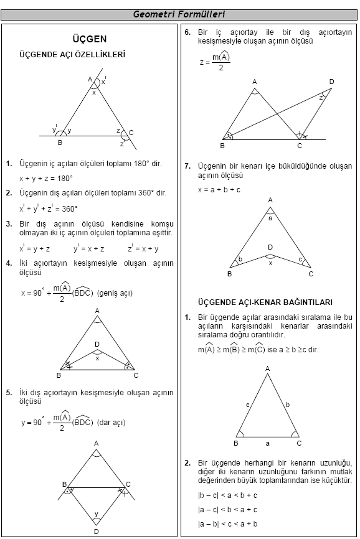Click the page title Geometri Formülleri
point(179,14)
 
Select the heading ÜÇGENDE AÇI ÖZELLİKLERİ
point(73,55)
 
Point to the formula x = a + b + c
point(219,189)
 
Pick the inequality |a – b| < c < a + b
point(227,523)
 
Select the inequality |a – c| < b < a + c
point(227,509)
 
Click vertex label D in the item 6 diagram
point(331,82)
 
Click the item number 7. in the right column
point(187,166)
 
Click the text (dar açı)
point(112,422)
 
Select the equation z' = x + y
point(143,248)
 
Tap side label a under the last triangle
point(268,443)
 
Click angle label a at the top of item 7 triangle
point(270,218)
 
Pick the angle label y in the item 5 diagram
point(96,514)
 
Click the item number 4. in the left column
point(9,263)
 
